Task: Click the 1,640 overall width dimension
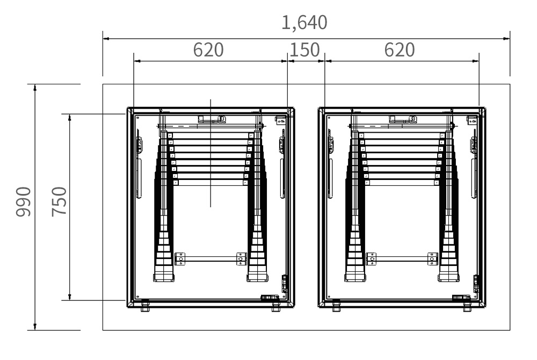[x=304, y=23]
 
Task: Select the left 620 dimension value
[x=208, y=50]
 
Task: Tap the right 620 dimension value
[x=400, y=50]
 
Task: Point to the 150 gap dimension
[x=304, y=50]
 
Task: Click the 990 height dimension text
[x=23, y=201]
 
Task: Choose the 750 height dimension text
[x=59, y=201]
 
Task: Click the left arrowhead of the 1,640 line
[x=106, y=39]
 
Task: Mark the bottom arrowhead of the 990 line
[x=34, y=327]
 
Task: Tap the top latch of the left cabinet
[x=212, y=119]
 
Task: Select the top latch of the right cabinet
[x=403, y=119]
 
